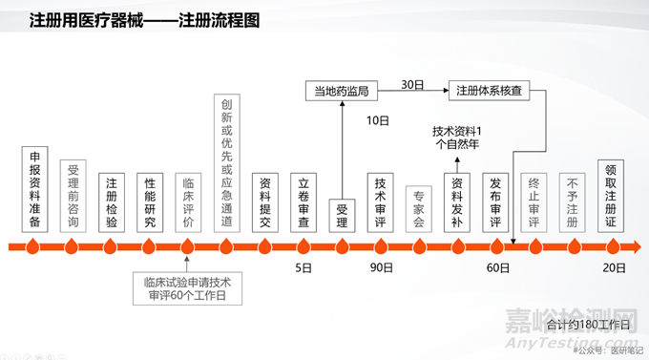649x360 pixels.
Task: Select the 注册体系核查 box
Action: click(487, 92)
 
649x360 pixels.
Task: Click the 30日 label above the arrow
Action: click(412, 83)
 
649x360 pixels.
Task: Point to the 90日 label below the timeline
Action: click(381, 268)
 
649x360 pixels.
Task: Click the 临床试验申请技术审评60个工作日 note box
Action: click(188, 288)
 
